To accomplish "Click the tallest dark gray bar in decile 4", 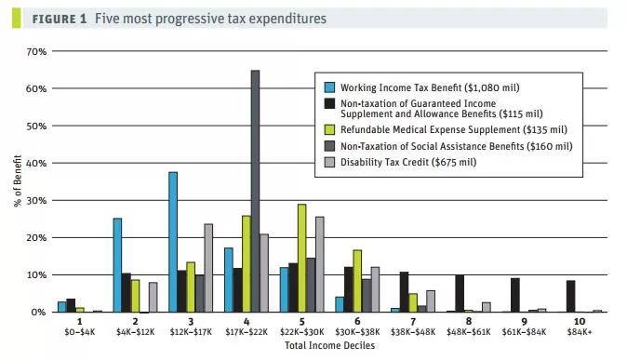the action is (x=255, y=192).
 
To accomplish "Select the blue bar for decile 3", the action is (x=173, y=242).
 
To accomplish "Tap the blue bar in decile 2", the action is (x=117, y=265).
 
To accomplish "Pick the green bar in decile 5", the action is (x=302, y=258).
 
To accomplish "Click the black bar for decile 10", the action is (x=571, y=297).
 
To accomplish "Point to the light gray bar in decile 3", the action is (x=208, y=268).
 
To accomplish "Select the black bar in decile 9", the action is (x=515, y=295).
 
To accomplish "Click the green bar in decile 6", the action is (x=357, y=281).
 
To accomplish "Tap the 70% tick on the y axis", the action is (x=36, y=51).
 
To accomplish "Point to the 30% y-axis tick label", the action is (x=36, y=200).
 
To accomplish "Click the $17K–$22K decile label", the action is (x=247, y=332).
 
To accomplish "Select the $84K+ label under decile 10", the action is (x=579, y=332).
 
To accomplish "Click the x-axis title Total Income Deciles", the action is (x=330, y=346).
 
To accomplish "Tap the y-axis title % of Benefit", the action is (x=18, y=180).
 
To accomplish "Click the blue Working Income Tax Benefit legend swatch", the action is (x=329, y=87).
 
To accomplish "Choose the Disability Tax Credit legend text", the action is (x=408, y=163).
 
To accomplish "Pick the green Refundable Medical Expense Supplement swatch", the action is (x=329, y=129).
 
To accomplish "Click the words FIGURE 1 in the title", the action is (x=60, y=19).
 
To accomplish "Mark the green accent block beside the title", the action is (x=16, y=18).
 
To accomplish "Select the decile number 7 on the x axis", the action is (x=413, y=322).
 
